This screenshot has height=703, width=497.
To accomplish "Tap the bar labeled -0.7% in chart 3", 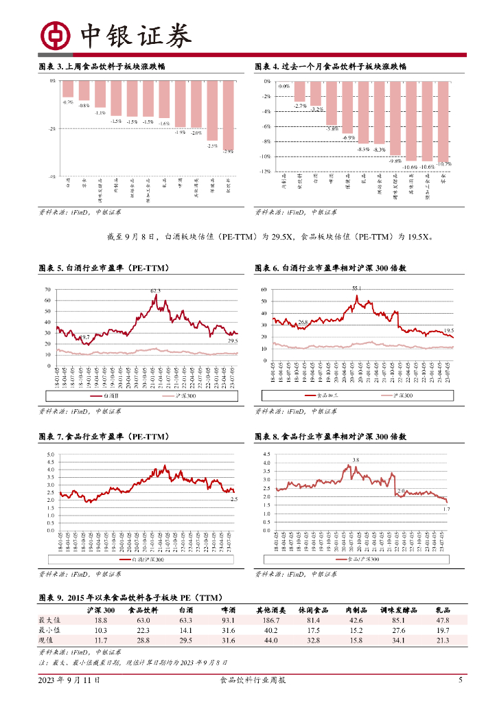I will [x=67, y=89].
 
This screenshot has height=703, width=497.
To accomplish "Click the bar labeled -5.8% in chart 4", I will [x=332, y=103].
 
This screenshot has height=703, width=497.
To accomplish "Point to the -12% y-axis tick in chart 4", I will [x=265, y=172].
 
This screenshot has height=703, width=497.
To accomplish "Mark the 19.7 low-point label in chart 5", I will [x=84, y=337].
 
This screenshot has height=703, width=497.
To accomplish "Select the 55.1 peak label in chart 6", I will [x=356, y=288].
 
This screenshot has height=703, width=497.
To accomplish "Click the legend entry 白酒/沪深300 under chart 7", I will [x=147, y=560].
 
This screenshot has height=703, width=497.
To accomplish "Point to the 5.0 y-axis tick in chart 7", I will [x=51, y=454].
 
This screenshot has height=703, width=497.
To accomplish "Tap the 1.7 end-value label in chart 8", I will [x=446, y=509].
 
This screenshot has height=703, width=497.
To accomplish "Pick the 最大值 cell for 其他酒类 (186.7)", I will [x=267, y=620].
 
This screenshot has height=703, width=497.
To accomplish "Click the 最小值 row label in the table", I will [x=49, y=630].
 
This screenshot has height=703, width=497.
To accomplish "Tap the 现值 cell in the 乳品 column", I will [x=443, y=641].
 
